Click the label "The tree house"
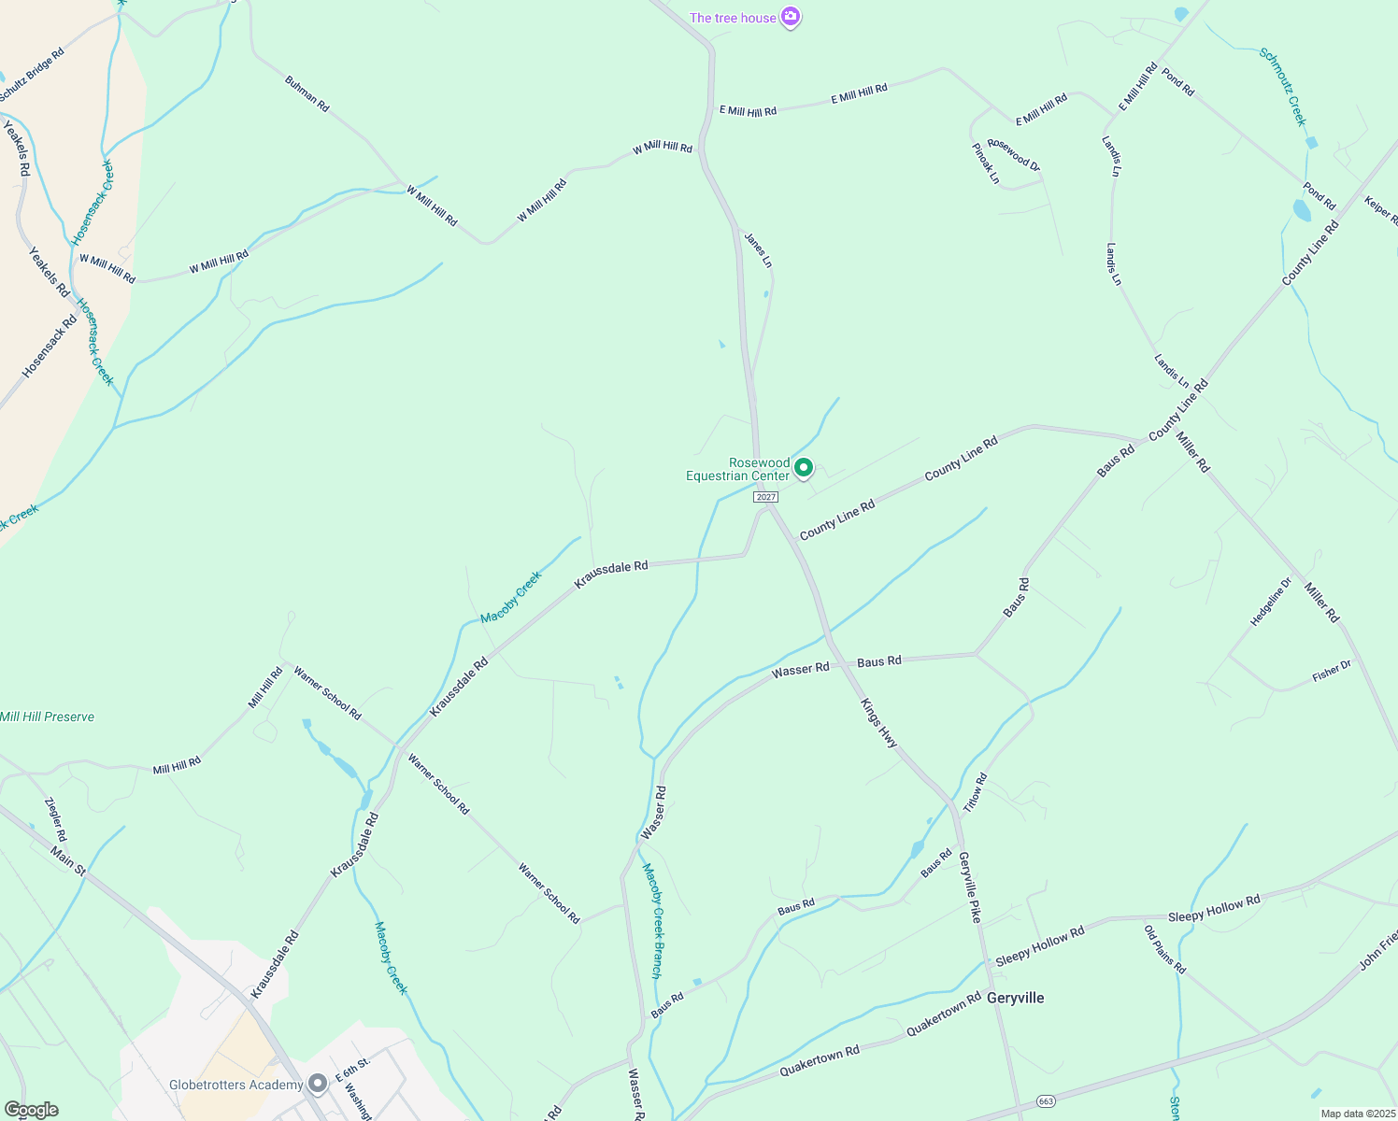point(733,18)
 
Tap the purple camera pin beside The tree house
point(791,17)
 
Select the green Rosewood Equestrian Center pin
point(803,467)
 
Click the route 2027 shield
point(765,497)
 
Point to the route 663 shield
point(1046,1101)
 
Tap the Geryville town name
point(1016,998)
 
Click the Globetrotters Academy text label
point(235,1085)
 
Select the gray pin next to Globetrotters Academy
point(318,1084)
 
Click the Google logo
point(32,1110)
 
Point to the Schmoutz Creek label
point(1283,87)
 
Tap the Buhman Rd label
point(307,94)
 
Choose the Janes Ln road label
point(758,249)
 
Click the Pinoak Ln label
point(985,163)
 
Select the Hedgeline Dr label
point(1271,603)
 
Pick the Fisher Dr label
point(1331,671)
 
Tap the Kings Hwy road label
point(878,723)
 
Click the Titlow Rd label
point(975,792)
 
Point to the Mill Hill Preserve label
point(47,717)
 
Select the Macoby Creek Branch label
point(651,920)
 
